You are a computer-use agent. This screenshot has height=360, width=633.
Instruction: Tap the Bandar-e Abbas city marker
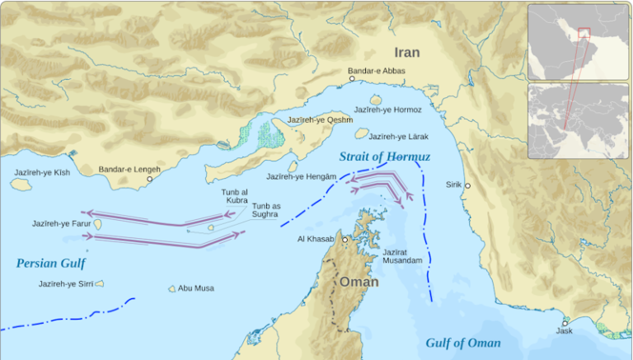click(x=352, y=79)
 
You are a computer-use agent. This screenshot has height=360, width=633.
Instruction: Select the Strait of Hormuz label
click(x=383, y=156)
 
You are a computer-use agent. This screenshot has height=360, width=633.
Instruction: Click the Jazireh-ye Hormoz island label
click(x=387, y=110)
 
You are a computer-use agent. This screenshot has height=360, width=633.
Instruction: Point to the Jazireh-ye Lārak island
click(x=361, y=133)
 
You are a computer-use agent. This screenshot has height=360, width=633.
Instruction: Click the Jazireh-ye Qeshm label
click(x=320, y=119)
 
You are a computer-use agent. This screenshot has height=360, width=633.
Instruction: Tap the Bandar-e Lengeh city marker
click(x=149, y=179)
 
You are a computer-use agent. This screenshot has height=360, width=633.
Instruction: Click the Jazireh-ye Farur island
click(x=97, y=223)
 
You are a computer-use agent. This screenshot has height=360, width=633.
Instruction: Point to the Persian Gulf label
click(x=50, y=264)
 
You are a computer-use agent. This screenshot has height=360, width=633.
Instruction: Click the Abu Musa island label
click(x=196, y=288)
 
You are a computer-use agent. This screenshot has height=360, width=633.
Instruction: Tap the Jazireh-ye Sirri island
click(x=99, y=283)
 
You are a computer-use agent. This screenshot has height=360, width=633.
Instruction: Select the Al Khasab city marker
click(x=345, y=239)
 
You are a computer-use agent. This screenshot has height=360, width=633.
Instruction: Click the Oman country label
click(x=359, y=282)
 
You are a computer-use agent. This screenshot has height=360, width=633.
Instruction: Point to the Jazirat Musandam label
click(x=402, y=256)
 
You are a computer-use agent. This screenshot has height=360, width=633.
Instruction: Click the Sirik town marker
click(x=467, y=185)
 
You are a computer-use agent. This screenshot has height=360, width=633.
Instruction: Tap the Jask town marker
click(x=565, y=322)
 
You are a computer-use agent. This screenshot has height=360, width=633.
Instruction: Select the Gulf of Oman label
click(x=462, y=343)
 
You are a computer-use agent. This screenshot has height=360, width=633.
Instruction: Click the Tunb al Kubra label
click(x=234, y=196)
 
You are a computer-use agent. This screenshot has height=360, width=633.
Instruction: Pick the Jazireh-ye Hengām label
click(x=301, y=176)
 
